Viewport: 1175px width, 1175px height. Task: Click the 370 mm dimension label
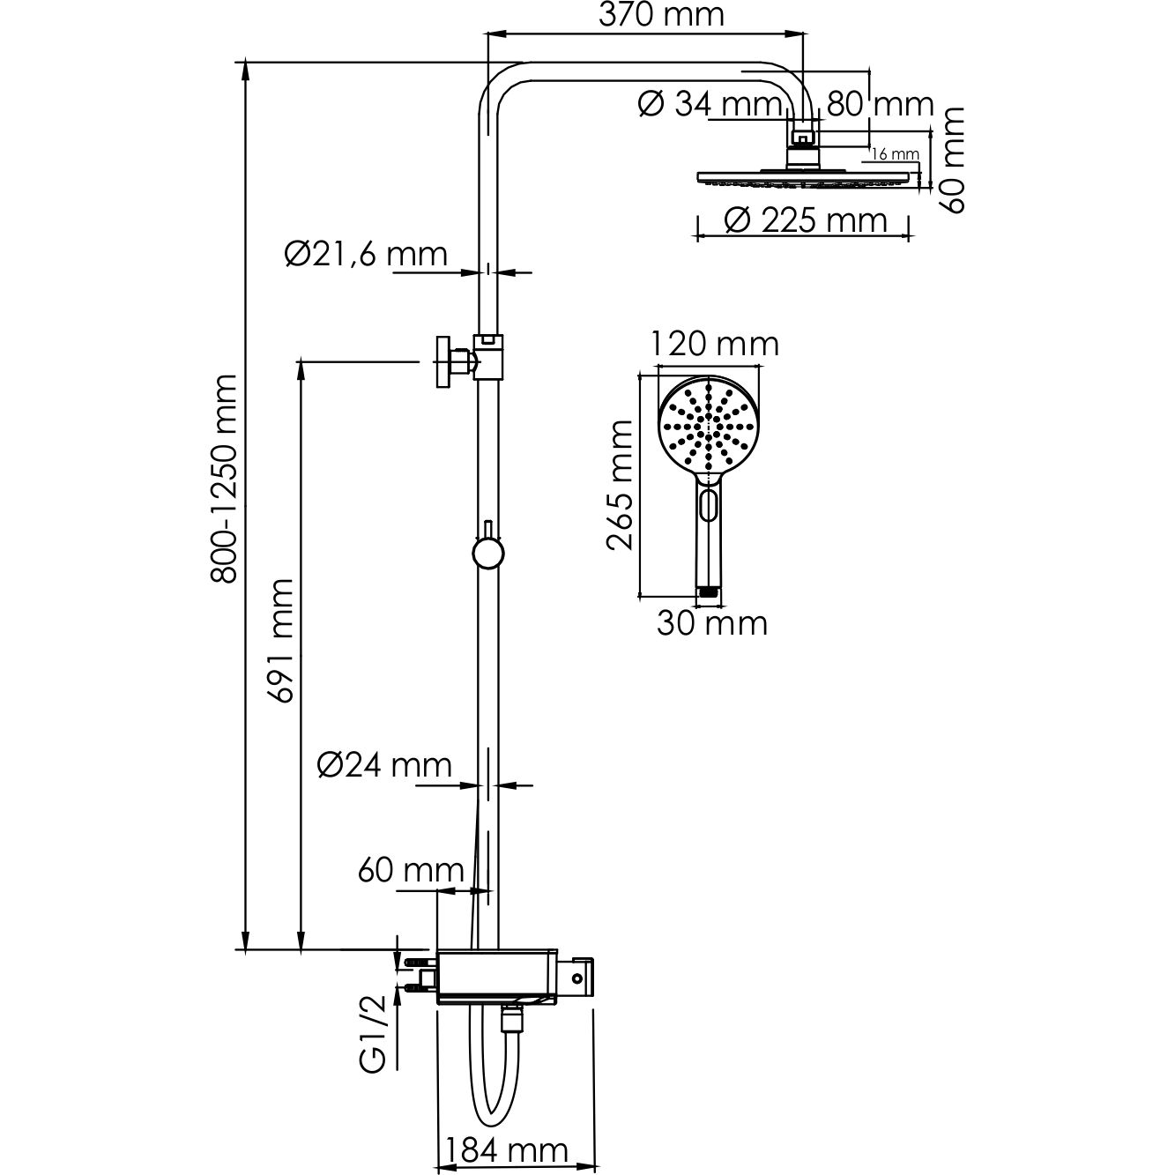pyautogui.click(x=662, y=16)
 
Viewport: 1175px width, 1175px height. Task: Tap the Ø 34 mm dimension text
pyautogui.click(x=710, y=105)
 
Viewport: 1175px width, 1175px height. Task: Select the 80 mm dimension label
pyautogui.click(x=880, y=105)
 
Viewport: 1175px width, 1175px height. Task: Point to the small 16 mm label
pyautogui.click(x=895, y=154)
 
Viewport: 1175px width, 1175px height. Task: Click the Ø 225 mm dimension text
pyautogui.click(x=806, y=220)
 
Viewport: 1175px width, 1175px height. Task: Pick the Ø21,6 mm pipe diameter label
pyautogui.click(x=366, y=254)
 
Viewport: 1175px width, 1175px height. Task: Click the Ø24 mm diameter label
pyautogui.click(x=384, y=765)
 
